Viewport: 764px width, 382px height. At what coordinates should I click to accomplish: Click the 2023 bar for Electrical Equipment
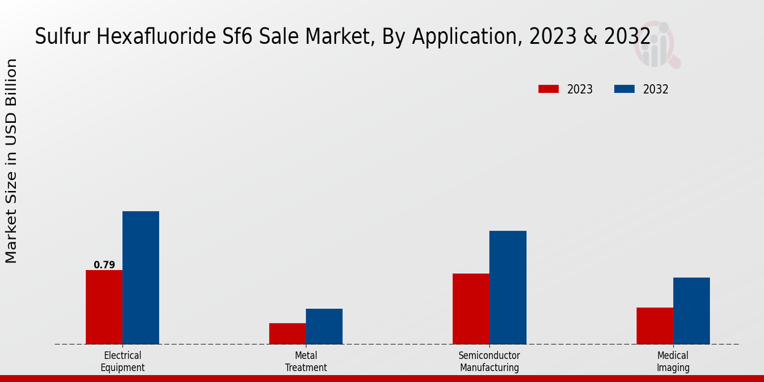pyautogui.click(x=104, y=307)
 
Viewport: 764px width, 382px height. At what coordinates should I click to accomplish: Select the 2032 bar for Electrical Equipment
pyautogui.click(x=141, y=278)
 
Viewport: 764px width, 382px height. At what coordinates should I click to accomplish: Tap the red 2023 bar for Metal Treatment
pyautogui.click(x=287, y=334)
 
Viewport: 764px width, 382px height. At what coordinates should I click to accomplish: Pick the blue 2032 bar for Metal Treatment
pyautogui.click(x=324, y=327)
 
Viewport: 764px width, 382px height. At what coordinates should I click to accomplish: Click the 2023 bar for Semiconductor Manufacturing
pyautogui.click(x=471, y=309)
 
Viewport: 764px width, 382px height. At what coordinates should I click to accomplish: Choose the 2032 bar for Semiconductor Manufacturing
pyautogui.click(x=508, y=287)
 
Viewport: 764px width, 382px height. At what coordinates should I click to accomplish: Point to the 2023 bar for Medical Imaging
pyautogui.click(x=654, y=326)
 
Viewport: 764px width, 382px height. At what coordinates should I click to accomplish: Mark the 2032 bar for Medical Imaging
pyautogui.click(x=691, y=311)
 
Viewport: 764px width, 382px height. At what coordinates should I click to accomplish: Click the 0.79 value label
pyautogui.click(x=104, y=265)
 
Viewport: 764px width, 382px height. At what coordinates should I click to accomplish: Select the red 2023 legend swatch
pyautogui.click(x=548, y=89)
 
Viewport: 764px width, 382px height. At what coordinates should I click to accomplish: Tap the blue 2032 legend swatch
pyautogui.click(x=625, y=89)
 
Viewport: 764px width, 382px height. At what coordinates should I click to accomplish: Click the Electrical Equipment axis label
pyautogui.click(x=122, y=362)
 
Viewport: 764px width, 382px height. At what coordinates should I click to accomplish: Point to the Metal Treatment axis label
pyautogui.click(x=306, y=362)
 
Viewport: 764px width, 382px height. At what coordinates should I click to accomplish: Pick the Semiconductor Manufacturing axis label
pyautogui.click(x=490, y=362)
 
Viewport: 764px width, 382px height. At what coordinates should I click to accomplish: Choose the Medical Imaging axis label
pyautogui.click(x=673, y=362)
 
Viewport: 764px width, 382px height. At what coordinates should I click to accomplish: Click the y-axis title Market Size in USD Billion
pyautogui.click(x=11, y=161)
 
